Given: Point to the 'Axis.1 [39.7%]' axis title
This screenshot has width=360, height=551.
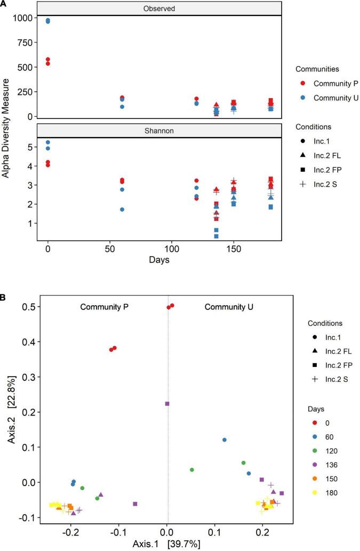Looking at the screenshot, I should point(168,542).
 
